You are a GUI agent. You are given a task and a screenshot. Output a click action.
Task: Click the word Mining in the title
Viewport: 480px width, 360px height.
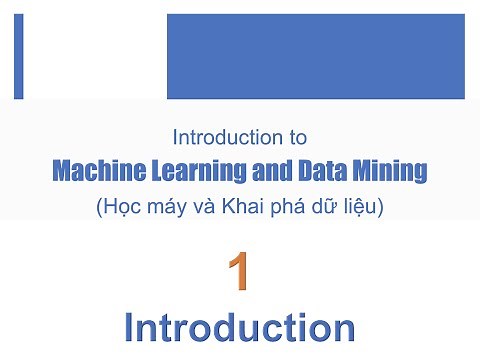tap(388, 172)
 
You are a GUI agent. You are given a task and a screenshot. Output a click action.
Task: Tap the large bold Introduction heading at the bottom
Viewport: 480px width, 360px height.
tap(239, 327)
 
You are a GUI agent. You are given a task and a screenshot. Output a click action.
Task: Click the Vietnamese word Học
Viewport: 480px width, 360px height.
tap(122, 208)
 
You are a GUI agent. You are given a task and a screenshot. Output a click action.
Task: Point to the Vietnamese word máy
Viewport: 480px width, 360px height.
tap(164, 209)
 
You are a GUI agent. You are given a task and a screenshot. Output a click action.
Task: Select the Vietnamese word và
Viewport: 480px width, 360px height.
tap(200, 208)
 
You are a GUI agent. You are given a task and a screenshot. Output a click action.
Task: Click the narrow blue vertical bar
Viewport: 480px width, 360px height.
tap(19, 57)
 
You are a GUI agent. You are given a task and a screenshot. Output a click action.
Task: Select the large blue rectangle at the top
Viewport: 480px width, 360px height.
tap(315, 57)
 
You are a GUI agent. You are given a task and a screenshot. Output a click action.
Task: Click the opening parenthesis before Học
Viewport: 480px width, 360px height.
tap(99, 209)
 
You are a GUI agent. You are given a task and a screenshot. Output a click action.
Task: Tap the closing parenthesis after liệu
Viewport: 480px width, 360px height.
tap(380, 209)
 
